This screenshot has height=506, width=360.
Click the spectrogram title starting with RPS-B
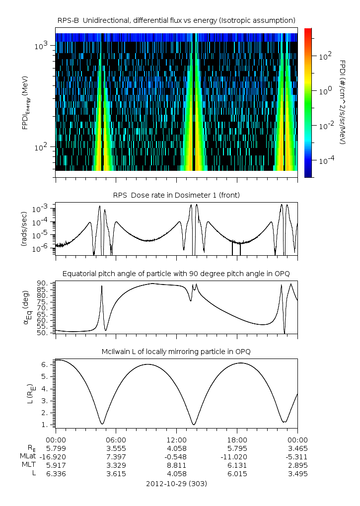click(176, 20)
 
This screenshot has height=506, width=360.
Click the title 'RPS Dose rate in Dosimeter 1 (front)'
click(176, 195)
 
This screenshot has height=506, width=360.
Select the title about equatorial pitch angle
click(176, 274)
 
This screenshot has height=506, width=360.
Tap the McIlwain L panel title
click(176, 352)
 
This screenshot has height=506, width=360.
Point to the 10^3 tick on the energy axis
click(41, 46)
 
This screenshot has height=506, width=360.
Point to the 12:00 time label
click(176, 439)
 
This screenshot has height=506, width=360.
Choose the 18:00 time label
click(237, 439)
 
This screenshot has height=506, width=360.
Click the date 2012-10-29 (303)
click(176, 483)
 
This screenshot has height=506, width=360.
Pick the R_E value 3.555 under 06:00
click(116, 448)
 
